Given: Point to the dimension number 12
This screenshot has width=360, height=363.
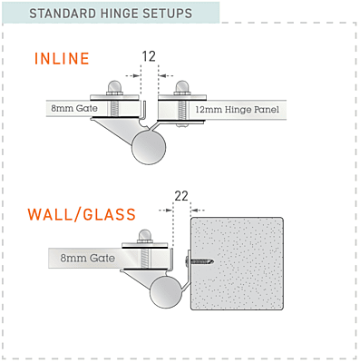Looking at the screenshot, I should [x=149, y=56].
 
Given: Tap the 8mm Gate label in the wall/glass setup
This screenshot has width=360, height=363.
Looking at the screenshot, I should [x=86, y=259].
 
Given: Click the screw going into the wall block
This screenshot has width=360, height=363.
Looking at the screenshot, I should [x=201, y=260].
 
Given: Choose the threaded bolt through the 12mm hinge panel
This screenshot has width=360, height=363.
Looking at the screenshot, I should [x=181, y=110].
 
